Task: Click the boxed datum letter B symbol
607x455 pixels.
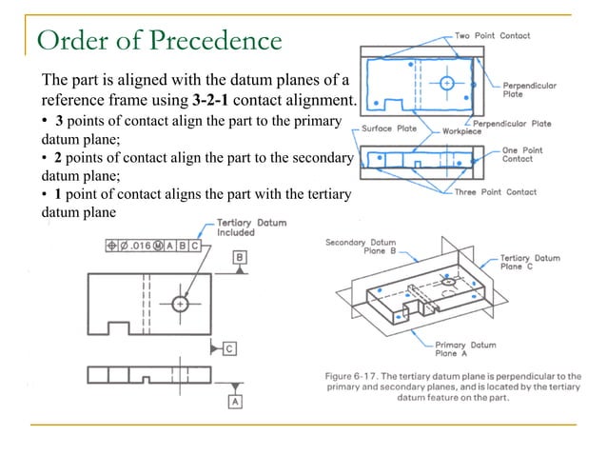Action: [x=241, y=258]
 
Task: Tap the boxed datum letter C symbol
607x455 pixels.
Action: [x=230, y=348]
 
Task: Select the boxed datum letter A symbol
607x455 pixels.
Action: [x=234, y=401]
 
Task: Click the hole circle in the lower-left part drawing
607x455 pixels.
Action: [x=181, y=304]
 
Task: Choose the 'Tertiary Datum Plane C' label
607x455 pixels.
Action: [x=530, y=263]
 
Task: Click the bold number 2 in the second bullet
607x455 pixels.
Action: [x=46, y=156]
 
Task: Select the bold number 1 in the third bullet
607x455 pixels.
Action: [x=46, y=194]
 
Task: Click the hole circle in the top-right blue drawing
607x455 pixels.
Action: [x=447, y=83]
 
